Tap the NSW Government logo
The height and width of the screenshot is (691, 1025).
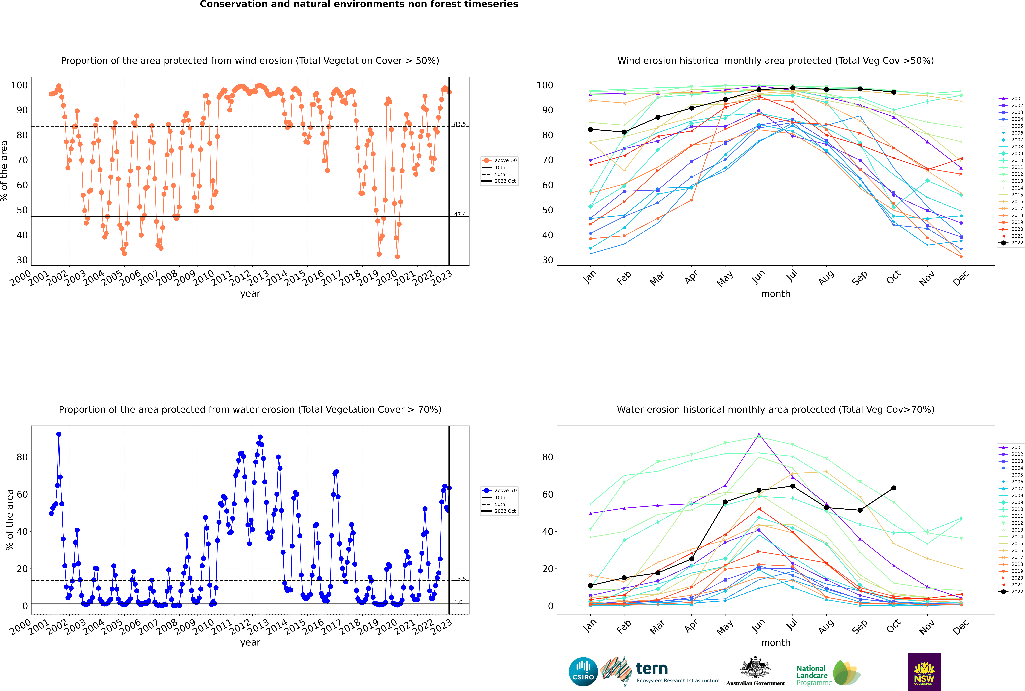tap(924, 671)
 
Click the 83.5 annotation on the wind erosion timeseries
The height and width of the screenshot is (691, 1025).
tap(460, 124)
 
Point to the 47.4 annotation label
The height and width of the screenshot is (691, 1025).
tap(460, 215)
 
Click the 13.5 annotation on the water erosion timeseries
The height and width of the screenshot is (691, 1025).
tap(460, 579)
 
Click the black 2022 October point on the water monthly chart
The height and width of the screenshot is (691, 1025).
tap(894, 488)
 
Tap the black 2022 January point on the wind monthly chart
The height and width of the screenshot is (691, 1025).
tap(591, 129)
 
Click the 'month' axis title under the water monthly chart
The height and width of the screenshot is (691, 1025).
tap(776, 643)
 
